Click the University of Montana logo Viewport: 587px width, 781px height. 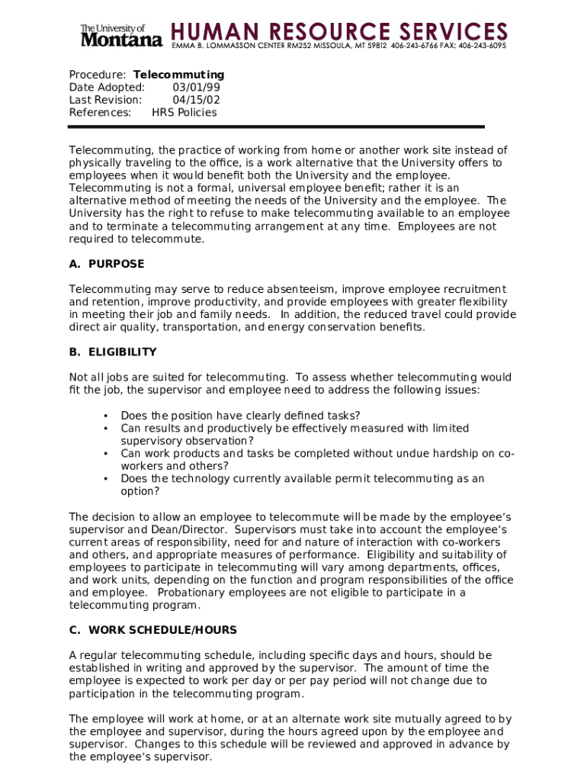tap(121, 35)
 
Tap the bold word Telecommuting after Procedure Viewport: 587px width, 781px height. tap(178, 75)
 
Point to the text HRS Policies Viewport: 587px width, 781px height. tap(184, 113)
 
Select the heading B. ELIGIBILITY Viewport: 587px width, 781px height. tap(113, 352)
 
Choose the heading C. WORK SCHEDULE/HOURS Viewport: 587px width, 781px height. tap(152, 630)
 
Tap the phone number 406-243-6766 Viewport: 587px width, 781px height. tap(414, 46)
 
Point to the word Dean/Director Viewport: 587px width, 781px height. tap(191, 529)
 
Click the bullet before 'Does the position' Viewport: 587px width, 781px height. tap(104, 416)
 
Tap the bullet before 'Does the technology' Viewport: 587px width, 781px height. tap(104, 479)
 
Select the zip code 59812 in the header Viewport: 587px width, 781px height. tap(377, 46)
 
